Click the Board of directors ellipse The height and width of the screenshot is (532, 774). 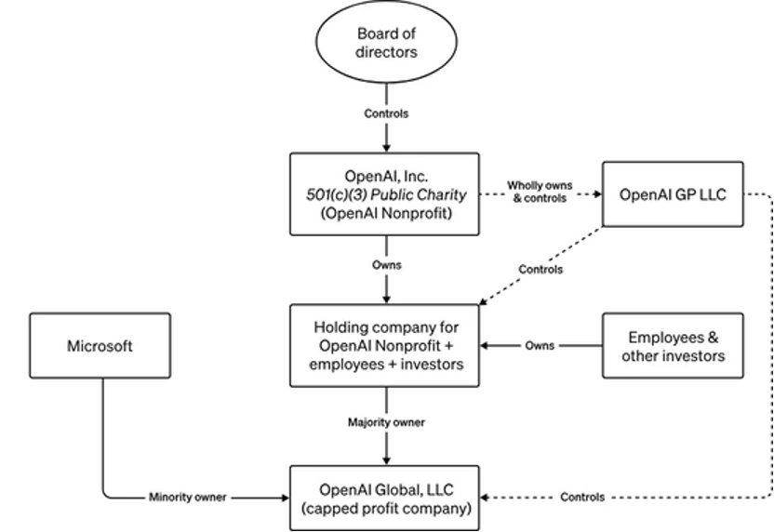pyautogui.click(x=385, y=44)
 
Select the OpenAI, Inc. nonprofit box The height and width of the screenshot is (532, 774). pyautogui.click(x=385, y=193)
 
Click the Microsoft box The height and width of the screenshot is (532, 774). pyautogui.click(x=100, y=346)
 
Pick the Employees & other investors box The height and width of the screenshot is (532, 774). pyautogui.click(x=673, y=345)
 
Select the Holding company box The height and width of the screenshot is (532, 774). pyautogui.click(x=385, y=345)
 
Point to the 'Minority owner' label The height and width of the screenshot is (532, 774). pyautogui.click(x=186, y=498)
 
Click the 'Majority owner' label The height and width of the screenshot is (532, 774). pyautogui.click(x=385, y=422)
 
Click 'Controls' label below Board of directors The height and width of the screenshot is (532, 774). pyautogui.click(x=385, y=113)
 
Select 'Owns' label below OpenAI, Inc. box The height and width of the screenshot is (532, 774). pyautogui.click(x=385, y=266)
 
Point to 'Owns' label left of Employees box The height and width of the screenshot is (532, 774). pyautogui.click(x=540, y=345)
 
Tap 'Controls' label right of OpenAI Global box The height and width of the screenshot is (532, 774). pyautogui.click(x=582, y=498)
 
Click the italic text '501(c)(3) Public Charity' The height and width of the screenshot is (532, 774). pyautogui.click(x=385, y=193)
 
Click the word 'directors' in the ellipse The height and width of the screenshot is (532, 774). pyautogui.click(x=385, y=53)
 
